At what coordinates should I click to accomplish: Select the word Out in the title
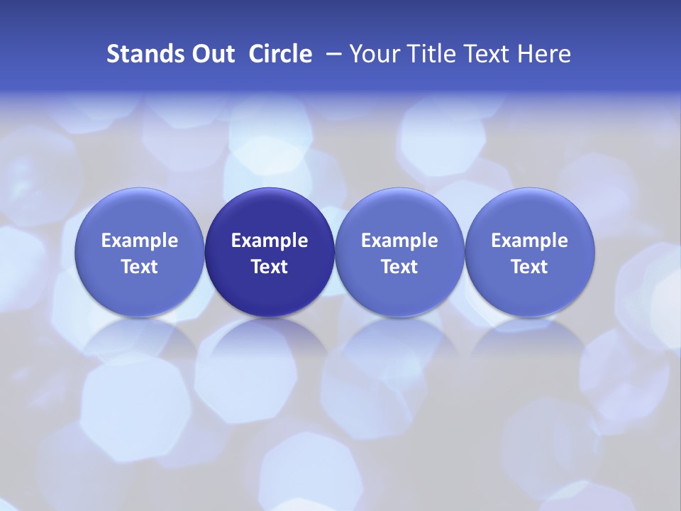tap(211, 54)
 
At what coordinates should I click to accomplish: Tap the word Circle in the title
tap(280, 54)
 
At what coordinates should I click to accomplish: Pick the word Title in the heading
tap(431, 54)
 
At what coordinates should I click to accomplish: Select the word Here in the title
tap(546, 54)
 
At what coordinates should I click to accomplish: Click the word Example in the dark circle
tap(270, 241)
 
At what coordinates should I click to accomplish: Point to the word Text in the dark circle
tap(270, 267)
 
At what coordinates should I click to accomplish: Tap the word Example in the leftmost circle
tap(140, 241)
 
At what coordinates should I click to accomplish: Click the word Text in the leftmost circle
tap(140, 267)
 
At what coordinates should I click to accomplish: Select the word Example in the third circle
tap(399, 241)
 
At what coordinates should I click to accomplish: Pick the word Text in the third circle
tap(399, 267)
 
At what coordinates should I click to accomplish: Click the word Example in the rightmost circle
tap(529, 241)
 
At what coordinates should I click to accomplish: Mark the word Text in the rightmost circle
tap(529, 267)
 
